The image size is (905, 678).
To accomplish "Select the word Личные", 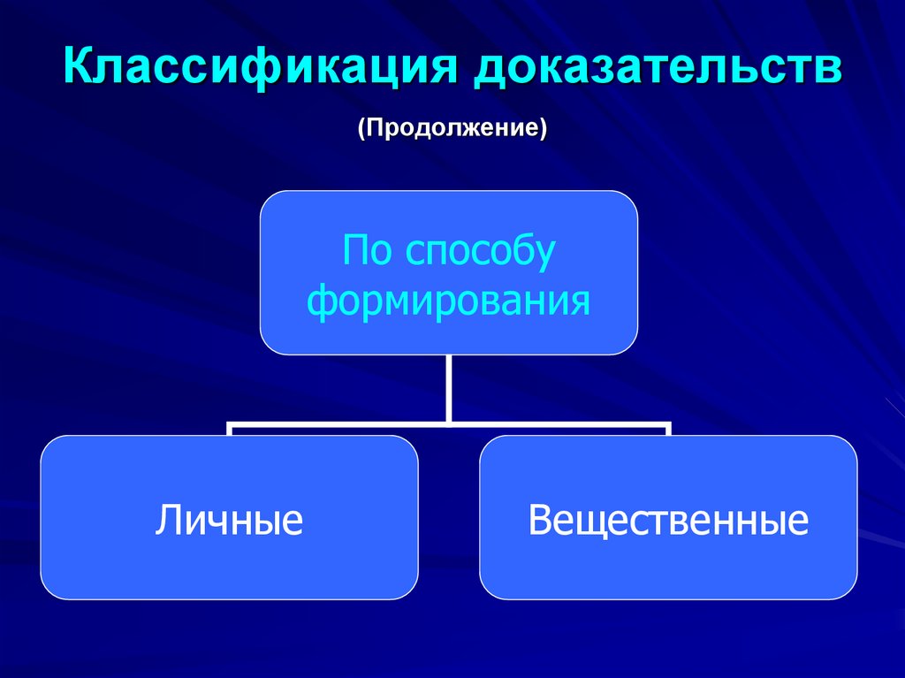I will point(229,519).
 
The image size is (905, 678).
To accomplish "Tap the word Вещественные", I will point(668,519).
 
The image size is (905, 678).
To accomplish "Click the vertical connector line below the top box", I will point(449,387).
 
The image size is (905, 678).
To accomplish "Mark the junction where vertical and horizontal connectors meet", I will point(449,423).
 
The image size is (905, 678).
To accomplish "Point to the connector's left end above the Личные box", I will point(230,429).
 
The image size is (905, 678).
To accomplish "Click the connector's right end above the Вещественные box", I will point(668,429).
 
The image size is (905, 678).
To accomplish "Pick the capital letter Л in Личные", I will point(167,519).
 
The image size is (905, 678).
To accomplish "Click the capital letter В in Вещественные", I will point(538,519).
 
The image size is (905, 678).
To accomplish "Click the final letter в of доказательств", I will point(830,70).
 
